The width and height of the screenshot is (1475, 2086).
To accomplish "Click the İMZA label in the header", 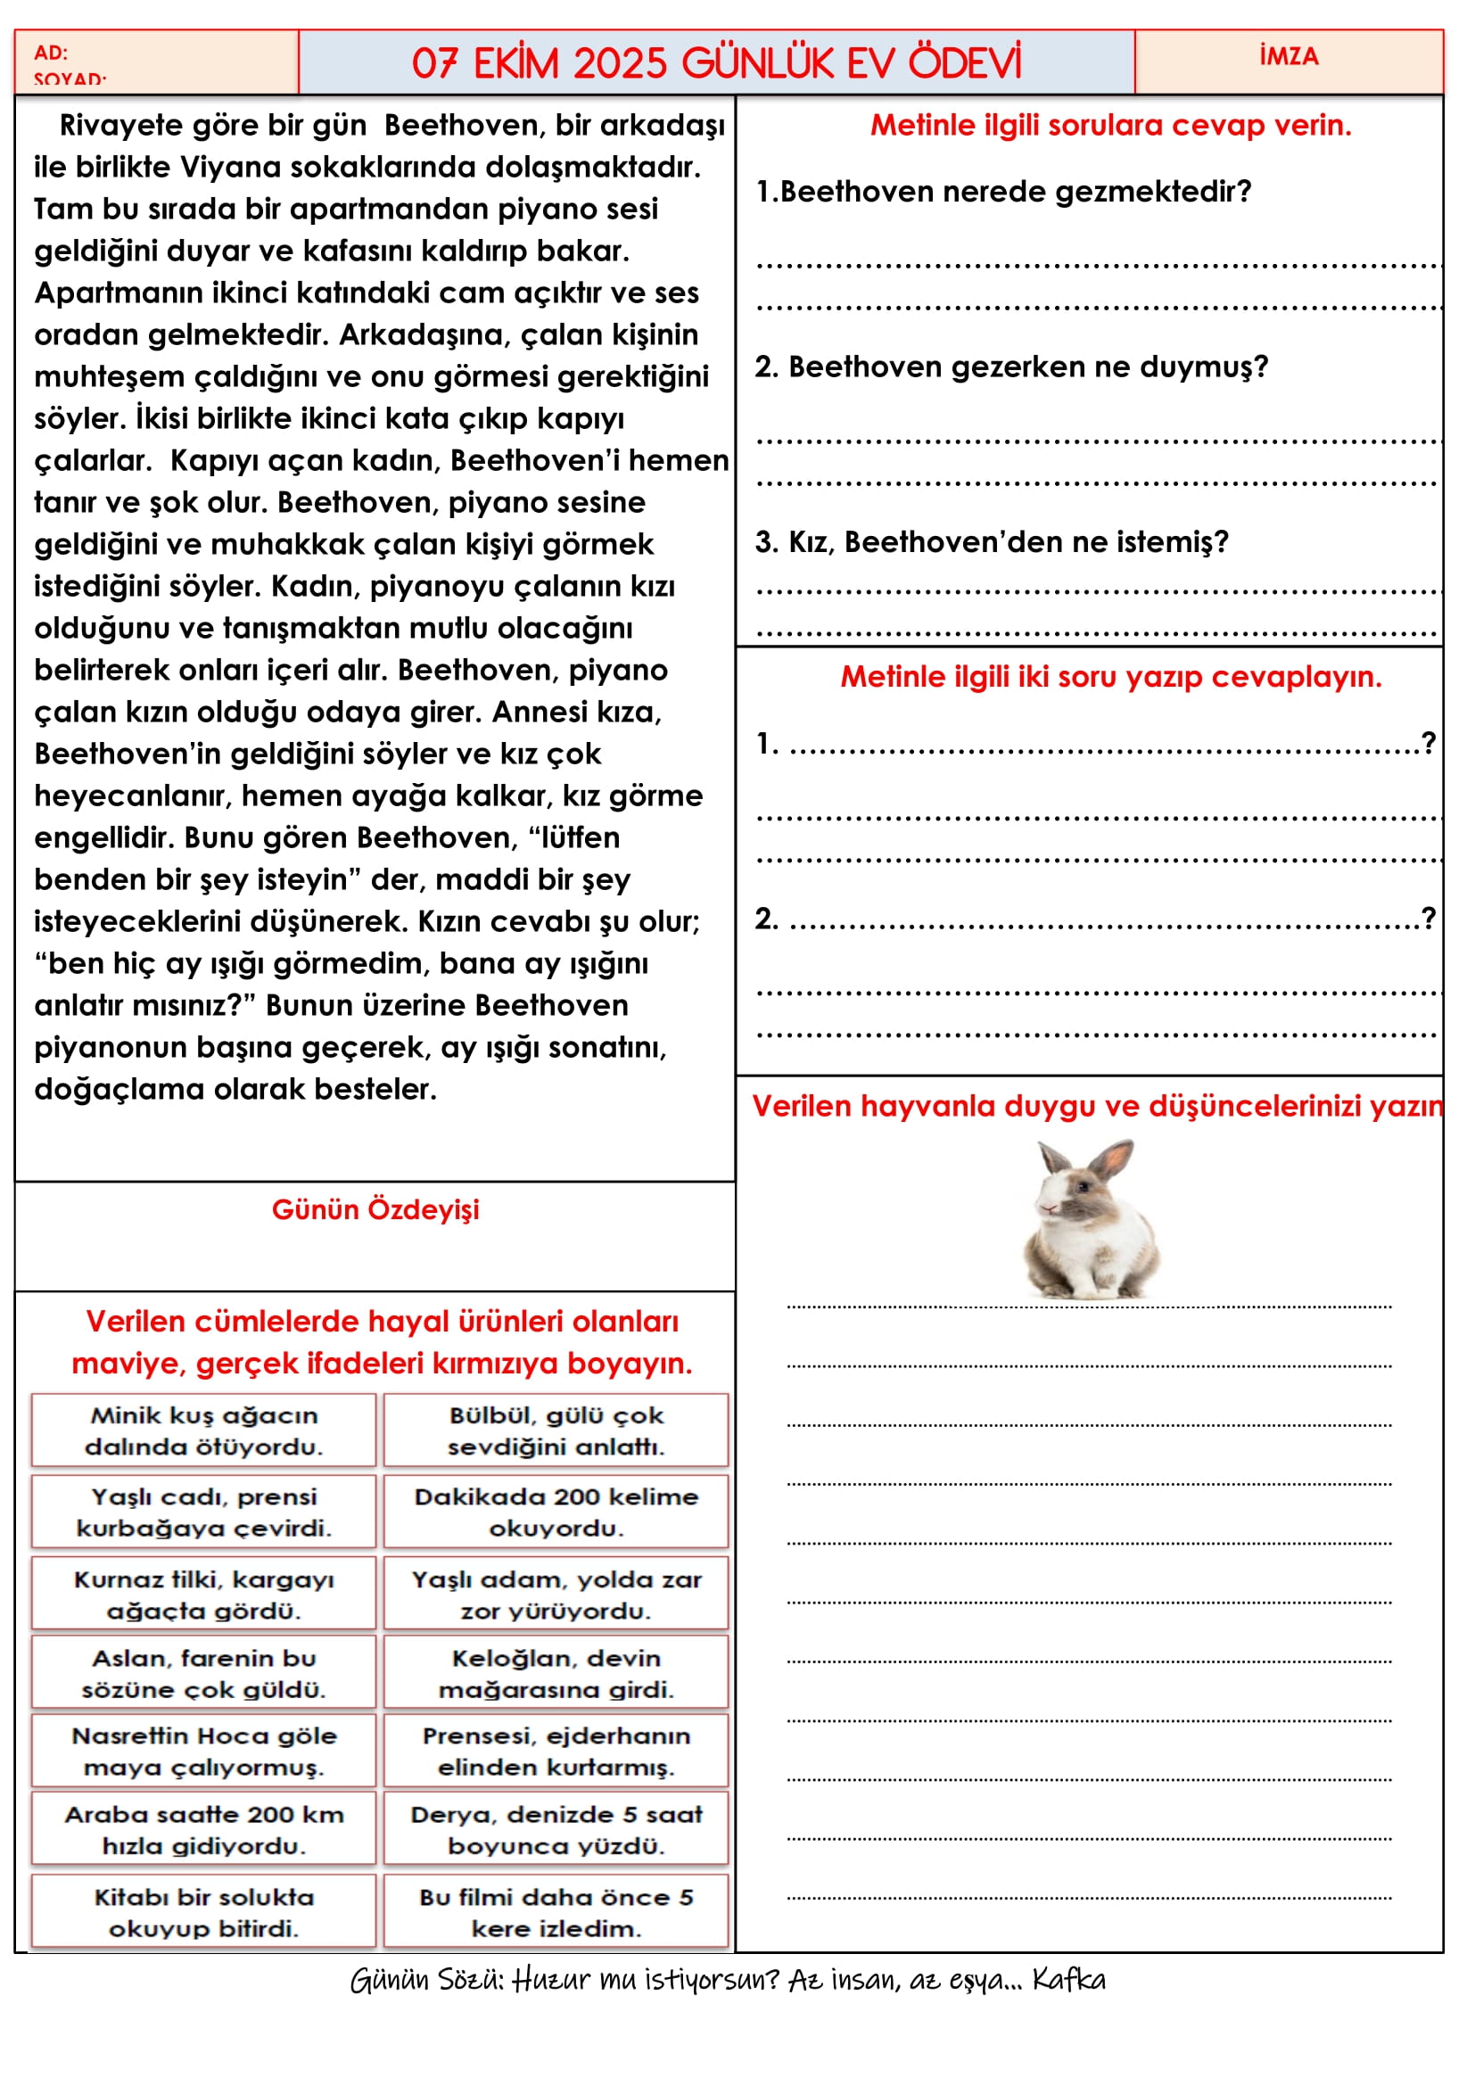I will point(1288,56).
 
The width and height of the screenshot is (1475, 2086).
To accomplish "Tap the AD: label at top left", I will point(51,53).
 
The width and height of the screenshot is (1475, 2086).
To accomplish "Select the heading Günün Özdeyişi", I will point(375,1209).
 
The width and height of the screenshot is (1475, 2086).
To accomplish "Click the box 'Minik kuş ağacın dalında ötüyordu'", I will point(203,1430).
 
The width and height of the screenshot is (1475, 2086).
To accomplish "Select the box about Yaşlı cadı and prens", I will point(203,1512).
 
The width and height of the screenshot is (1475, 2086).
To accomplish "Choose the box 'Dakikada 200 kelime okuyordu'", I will point(556,1512).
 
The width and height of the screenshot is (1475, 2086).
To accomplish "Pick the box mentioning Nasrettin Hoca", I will point(203,1751).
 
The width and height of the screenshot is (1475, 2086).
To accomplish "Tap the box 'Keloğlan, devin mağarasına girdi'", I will point(556,1672).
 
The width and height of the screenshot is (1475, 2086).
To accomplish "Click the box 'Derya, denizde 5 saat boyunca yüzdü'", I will point(556,1829).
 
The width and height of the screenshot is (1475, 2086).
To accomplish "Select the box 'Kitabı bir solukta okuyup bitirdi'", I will point(203,1911).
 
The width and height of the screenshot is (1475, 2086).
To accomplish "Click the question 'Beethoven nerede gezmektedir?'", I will point(1003,192).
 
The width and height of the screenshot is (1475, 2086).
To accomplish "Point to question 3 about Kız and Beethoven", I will point(992,541).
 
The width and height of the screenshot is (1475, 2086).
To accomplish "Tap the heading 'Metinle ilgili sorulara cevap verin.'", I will point(1110,126).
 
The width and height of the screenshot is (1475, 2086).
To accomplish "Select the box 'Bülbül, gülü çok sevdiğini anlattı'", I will point(556,1430).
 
